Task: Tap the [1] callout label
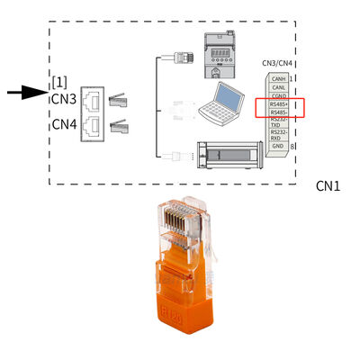point(59,82)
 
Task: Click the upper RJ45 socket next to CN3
point(92,100)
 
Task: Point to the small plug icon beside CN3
point(117,101)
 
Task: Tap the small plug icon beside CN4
point(117,127)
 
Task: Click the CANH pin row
point(278,76)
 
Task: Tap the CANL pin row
point(278,86)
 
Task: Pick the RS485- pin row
point(278,113)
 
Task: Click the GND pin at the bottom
point(278,146)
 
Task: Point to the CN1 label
point(326,186)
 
